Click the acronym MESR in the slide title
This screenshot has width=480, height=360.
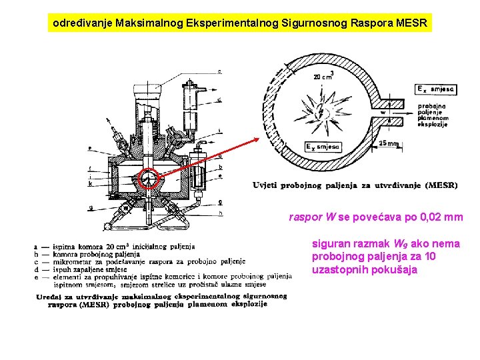(414, 23)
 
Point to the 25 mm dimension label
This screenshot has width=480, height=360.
(389, 143)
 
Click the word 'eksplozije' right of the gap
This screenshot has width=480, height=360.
(433, 125)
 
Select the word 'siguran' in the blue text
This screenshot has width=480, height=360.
(329, 244)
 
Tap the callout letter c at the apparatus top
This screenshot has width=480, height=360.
(219, 71)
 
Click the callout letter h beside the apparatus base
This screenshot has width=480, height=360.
(220, 213)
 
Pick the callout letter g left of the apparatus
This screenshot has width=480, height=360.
(89, 208)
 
